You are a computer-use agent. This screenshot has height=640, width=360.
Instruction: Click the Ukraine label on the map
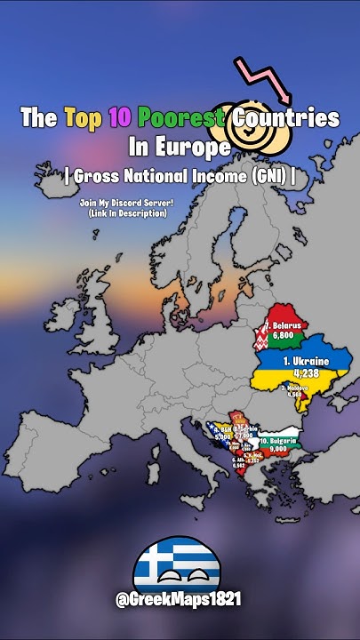coord(305,362)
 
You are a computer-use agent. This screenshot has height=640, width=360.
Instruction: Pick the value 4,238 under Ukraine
coord(305,374)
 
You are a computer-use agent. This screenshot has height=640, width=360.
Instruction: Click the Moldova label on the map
coord(296,388)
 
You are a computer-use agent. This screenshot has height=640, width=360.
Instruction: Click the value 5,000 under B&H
coord(222,437)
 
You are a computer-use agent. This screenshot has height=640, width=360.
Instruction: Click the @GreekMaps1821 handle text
coord(179,602)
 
